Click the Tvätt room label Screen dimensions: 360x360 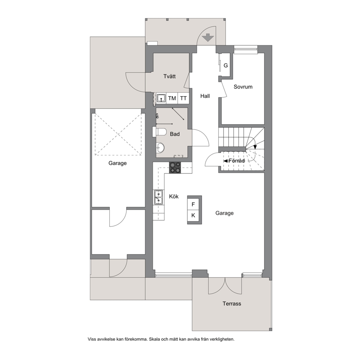(169, 76)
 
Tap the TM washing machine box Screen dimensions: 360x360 (172, 98)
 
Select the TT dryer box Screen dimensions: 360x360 (183, 98)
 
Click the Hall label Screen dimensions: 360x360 (205, 96)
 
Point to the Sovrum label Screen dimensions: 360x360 (243, 87)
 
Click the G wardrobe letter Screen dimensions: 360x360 (226, 65)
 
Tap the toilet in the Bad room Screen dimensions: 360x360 (160, 132)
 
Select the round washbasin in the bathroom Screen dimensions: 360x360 (160, 147)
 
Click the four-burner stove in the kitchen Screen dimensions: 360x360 (175, 168)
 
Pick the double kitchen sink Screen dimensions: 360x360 (159, 197)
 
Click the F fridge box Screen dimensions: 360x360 (193, 204)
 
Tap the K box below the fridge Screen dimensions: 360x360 (193, 215)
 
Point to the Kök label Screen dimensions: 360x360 (174, 197)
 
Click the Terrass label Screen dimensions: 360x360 (232, 303)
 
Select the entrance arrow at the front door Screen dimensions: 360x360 (208, 37)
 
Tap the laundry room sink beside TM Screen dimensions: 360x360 (161, 98)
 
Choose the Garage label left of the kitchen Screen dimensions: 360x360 (118, 163)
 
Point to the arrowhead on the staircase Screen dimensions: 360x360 (255, 147)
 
